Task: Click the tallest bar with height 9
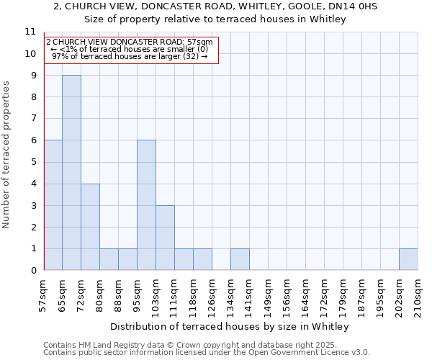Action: coord(71,173)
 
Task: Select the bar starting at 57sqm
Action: coord(53,205)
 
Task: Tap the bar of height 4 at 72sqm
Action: coord(90,227)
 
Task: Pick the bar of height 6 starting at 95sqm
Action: coord(146,205)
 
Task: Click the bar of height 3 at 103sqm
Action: coord(165,238)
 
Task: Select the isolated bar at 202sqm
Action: coord(408,259)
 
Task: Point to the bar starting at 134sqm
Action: coord(240,259)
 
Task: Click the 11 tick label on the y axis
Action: coord(30,32)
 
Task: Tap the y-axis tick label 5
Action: coord(32,162)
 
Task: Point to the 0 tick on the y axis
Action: coord(32,271)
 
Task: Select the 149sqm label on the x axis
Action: coord(268,294)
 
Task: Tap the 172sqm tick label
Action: coord(324,294)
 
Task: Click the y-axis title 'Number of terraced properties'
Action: coord(6,154)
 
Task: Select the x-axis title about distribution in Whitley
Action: coord(230,326)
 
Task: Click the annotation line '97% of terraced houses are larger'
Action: coord(130,56)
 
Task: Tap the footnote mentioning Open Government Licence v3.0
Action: coord(207,352)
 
